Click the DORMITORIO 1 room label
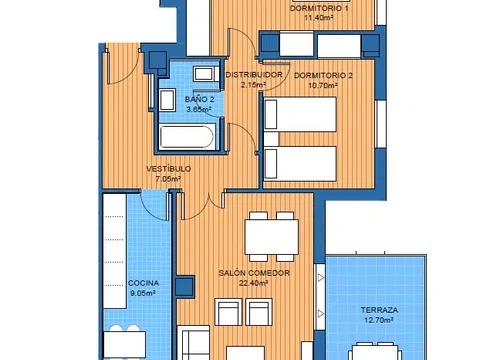click(319, 8)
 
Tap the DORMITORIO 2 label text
click(323, 75)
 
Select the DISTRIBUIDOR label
click(254, 75)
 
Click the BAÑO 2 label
click(199, 99)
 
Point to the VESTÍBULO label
click(169, 169)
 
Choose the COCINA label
click(143, 283)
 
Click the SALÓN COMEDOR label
click(254, 273)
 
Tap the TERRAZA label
click(379, 310)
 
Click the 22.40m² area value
click(254, 283)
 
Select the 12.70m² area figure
click(379, 320)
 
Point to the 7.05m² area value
click(168, 179)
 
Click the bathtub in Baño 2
click(186, 137)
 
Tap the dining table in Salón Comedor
click(271, 237)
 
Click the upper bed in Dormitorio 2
click(300, 114)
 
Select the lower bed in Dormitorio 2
click(300, 164)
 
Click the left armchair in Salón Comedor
click(229, 312)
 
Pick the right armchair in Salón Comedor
click(259, 312)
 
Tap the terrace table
click(375, 353)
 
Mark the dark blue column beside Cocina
click(185, 286)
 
